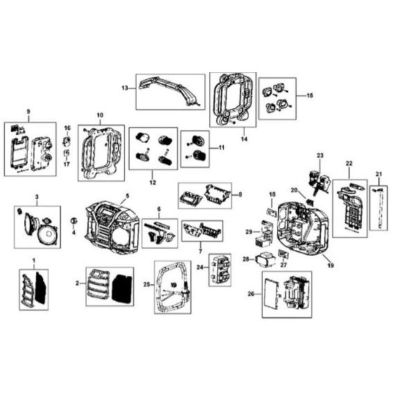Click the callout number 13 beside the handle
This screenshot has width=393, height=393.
point(124,88)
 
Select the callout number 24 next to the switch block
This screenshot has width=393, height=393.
point(200,267)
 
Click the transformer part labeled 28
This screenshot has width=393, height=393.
point(266,260)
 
